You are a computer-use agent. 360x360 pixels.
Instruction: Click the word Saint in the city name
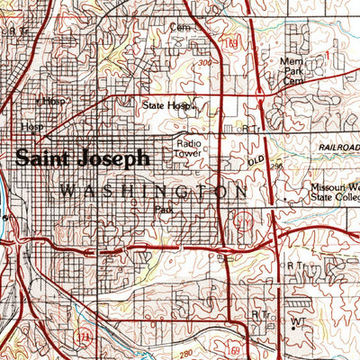(46, 157)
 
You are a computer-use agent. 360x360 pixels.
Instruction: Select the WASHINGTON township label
(153, 191)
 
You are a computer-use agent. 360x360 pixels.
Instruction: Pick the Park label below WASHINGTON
(163, 210)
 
